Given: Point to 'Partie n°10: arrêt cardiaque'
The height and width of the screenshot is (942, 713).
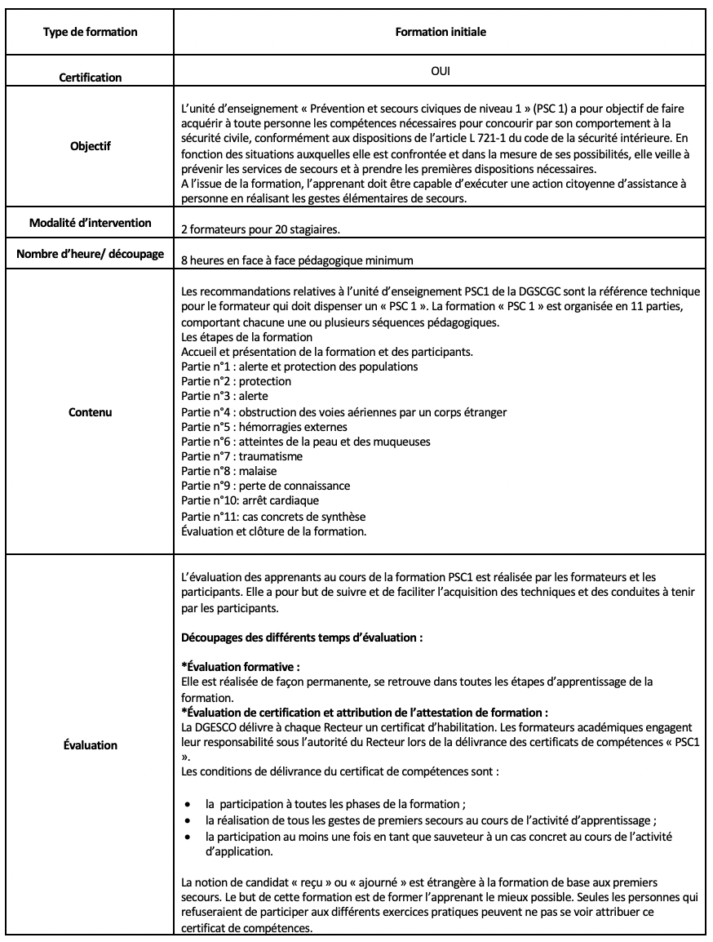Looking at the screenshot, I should point(250,501).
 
